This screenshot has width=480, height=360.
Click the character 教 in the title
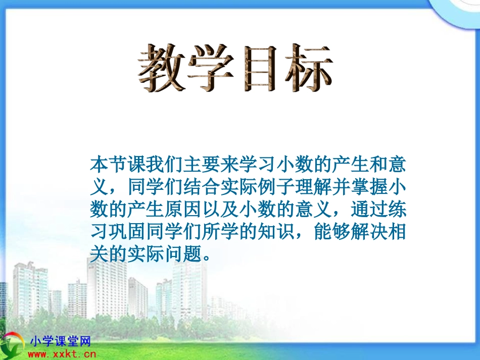point(162,68)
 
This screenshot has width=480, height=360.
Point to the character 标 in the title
point(309,68)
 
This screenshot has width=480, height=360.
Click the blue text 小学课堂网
point(60,341)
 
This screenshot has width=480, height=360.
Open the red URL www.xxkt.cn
point(62,354)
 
